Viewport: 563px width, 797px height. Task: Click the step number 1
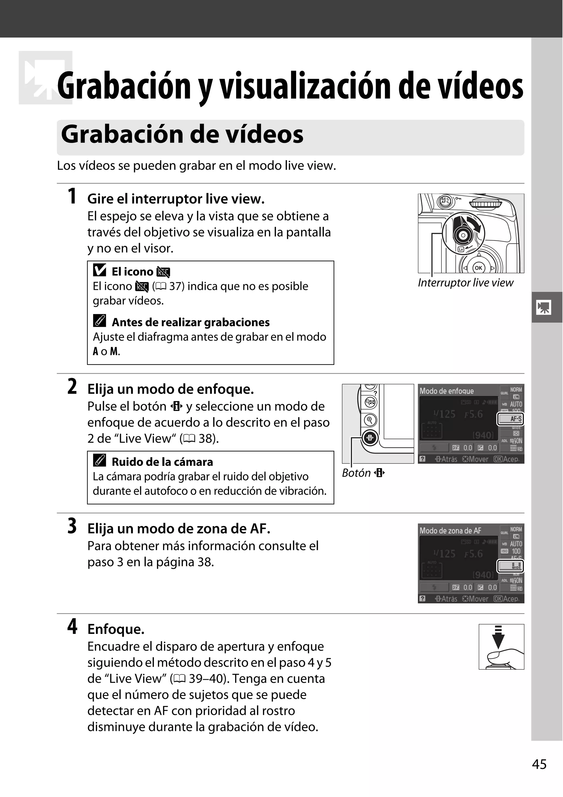point(72,196)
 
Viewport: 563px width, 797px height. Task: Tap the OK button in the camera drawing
point(478,268)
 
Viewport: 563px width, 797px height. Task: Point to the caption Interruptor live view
point(465,283)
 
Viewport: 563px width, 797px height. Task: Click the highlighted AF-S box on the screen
point(510,419)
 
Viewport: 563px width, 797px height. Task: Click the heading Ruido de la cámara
point(162,462)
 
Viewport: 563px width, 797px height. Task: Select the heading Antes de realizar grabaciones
point(190,323)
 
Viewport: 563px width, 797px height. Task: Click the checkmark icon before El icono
point(100,270)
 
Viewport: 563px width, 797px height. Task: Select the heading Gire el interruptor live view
point(176,199)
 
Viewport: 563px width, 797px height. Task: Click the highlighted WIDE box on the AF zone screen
point(510,566)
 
